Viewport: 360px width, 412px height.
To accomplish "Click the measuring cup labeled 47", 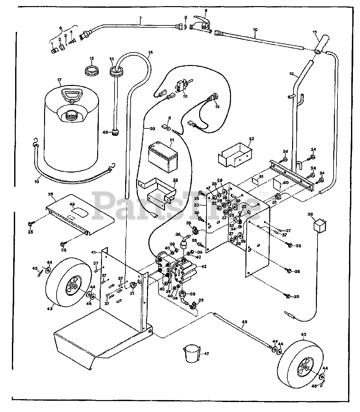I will point(191,353).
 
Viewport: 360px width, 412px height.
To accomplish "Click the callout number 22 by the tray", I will point(251,139).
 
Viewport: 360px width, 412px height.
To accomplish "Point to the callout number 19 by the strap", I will point(37,182).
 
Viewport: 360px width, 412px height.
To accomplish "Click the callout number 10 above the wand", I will point(255,30).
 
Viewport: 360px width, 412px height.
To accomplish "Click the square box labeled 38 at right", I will point(318,223).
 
